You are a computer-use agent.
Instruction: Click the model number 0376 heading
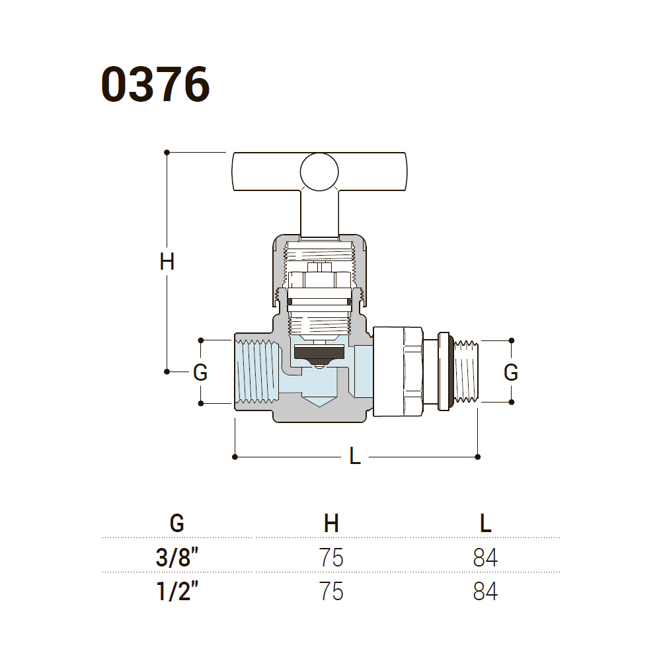click(x=155, y=84)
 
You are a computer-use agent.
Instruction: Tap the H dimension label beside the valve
click(x=167, y=262)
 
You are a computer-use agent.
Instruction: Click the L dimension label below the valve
click(x=355, y=456)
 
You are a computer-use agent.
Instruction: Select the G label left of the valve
click(x=200, y=373)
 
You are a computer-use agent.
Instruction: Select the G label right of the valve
click(x=511, y=373)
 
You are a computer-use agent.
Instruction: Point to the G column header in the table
click(x=176, y=524)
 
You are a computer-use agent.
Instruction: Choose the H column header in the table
click(x=331, y=524)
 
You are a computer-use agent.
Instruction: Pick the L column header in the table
click(x=485, y=524)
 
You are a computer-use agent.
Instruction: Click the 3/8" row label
click(x=176, y=558)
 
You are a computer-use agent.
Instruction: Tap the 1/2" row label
click(x=176, y=590)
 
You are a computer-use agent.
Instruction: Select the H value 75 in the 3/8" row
click(x=331, y=558)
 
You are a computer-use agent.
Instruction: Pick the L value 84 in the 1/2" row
click(x=485, y=590)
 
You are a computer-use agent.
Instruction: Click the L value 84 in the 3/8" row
click(x=485, y=558)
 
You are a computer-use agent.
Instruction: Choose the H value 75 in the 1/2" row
click(x=331, y=590)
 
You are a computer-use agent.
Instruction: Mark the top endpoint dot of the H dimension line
click(x=167, y=152)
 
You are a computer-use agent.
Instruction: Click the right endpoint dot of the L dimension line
click(x=478, y=456)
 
